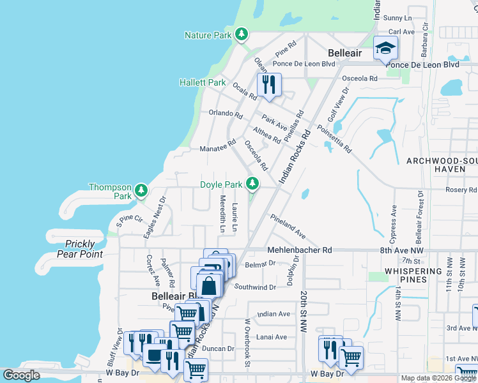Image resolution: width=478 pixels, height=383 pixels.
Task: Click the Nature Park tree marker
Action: pos(241,34)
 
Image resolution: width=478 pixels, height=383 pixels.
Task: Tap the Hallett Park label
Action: pos(202,83)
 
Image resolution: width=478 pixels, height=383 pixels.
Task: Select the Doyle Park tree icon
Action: pos(253,184)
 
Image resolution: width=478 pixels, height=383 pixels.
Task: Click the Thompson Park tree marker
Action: pos(141,190)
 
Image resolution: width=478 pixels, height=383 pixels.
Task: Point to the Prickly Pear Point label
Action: pos(80,249)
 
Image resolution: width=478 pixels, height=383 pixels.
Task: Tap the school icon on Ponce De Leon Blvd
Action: pos(386,49)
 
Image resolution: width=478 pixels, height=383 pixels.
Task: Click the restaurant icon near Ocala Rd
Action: pos(268,84)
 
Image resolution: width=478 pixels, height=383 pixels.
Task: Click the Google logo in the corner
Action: pos(21,375)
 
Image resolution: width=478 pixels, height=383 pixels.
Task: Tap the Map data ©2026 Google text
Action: pos(438,378)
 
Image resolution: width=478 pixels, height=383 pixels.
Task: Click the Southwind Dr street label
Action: pos(254,287)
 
